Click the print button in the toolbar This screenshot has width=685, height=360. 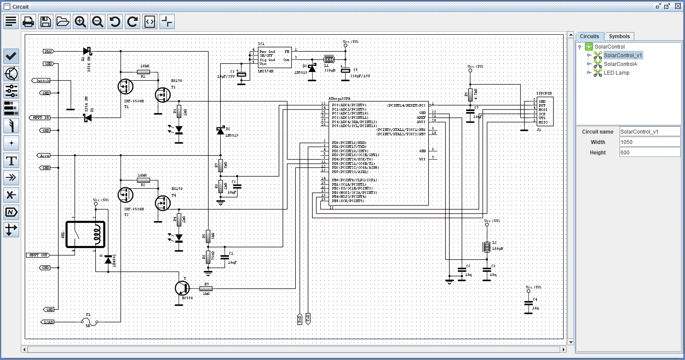point(28,22)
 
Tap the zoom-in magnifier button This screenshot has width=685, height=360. point(80,22)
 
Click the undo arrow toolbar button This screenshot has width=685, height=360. point(115,22)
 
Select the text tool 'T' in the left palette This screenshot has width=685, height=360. point(11,160)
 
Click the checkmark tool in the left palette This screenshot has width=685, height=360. point(11,56)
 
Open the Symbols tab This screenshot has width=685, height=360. point(619,36)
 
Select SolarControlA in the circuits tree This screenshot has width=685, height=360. point(620,64)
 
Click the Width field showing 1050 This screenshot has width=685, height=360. point(649,142)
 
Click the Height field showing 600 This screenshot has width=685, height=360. point(649,153)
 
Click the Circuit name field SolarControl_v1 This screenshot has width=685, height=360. point(649,132)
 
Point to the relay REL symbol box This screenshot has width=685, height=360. point(85,235)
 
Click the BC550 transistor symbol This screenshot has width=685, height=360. point(182,288)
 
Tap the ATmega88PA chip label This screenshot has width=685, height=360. point(339,99)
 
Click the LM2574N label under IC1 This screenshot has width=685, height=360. point(266,71)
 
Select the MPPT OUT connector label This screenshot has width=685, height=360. point(38,255)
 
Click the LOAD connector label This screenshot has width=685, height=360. point(49,322)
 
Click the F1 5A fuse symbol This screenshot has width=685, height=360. point(89,322)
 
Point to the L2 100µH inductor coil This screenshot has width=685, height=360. point(487,247)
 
